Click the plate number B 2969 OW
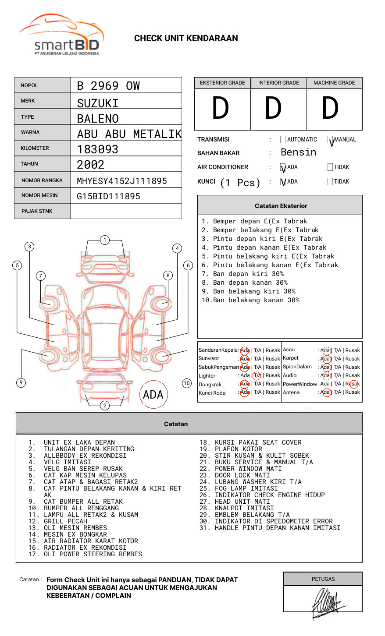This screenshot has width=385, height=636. click(108, 86)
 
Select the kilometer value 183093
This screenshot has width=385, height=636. click(97, 149)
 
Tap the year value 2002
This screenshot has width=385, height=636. click(90, 165)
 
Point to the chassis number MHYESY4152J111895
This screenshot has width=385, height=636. click(121, 181)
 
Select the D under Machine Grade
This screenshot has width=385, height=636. click(330, 108)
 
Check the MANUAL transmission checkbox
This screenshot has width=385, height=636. click(331, 140)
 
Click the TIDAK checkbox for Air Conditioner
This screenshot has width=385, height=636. click(330, 167)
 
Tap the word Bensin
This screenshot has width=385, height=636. click(298, 152)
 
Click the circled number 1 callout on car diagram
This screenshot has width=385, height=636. click(104, 240)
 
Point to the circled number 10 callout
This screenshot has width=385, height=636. click(187, 383)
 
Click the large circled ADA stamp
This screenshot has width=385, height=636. click(153, 395)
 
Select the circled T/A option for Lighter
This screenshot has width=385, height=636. click(257, 375)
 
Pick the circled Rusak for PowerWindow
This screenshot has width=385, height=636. click(353, 384)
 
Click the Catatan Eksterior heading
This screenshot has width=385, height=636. click(281, 206)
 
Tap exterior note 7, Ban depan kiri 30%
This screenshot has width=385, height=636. click(242, 274)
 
